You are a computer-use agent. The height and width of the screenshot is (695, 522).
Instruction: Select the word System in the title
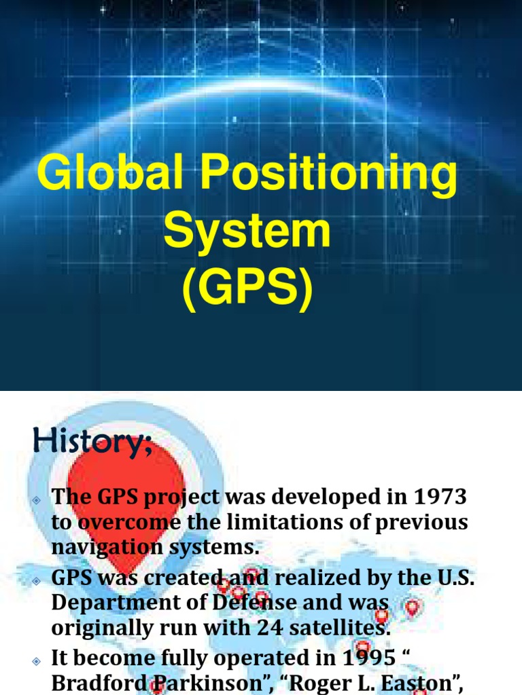tap(247, 231)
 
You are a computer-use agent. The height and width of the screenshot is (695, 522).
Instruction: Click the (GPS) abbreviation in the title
tap(247, 288)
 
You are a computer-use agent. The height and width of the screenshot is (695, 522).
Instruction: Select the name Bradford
tap(100, 682)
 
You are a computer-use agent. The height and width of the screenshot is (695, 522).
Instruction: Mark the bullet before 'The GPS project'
tap(37, 499)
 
